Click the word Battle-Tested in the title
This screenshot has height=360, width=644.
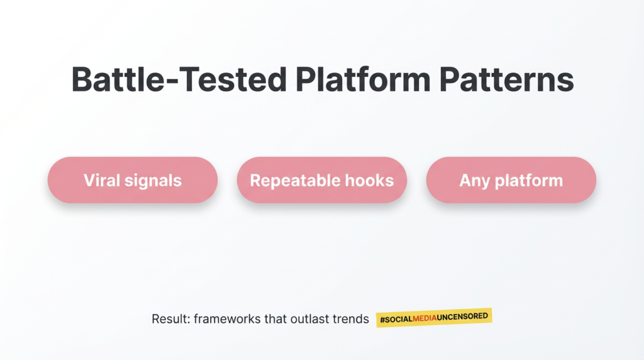point(179,79)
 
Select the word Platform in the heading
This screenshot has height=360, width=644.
point(363,79)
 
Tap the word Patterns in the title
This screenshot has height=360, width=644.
point(506,79)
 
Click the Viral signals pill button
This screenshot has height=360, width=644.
point(133,180)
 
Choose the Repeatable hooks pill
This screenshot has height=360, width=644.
point(322,180)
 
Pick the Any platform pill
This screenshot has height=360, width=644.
point(511,180)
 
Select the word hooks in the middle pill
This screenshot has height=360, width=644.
point(370,180)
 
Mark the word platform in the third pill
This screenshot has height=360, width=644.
point(529,181)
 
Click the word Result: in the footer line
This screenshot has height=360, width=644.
point(171,319)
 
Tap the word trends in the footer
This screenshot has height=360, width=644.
point(351,319)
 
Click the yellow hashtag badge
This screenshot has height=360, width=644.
point(434,318)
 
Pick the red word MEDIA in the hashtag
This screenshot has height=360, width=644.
point(425,318)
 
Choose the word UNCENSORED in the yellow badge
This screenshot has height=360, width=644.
point(462,317)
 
